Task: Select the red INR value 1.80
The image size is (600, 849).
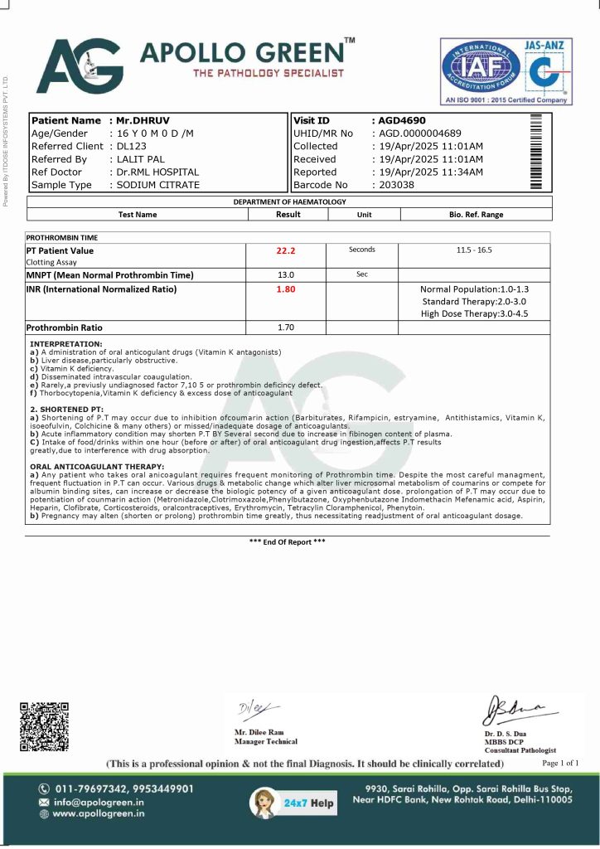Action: tap(287, 289)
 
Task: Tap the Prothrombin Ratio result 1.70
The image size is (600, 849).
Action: tap(286, 327)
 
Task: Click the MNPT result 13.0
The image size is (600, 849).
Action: tap(286, 274)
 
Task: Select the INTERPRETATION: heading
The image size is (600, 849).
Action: tap(66, 342)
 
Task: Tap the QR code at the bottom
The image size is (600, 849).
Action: tap(44, 727)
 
